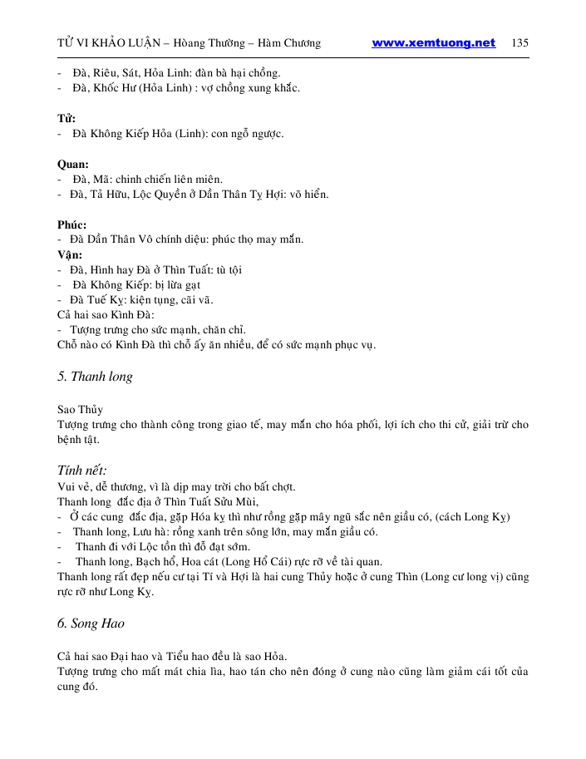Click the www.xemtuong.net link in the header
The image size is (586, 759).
pos(433,43)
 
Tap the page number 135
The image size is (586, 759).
pos(520,43)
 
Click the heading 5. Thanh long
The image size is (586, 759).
pos(95,377)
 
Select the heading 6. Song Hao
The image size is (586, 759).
pos(91,623)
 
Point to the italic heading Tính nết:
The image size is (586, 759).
pos(81,471)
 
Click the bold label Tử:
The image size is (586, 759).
pos(66,118)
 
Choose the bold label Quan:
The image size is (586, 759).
pos(73,164)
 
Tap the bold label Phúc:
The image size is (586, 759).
pos(71,224)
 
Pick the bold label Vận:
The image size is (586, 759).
pos(70,254)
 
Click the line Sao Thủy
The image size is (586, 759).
pos(80,410)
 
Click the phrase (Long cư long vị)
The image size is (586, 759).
pos(456,577)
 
